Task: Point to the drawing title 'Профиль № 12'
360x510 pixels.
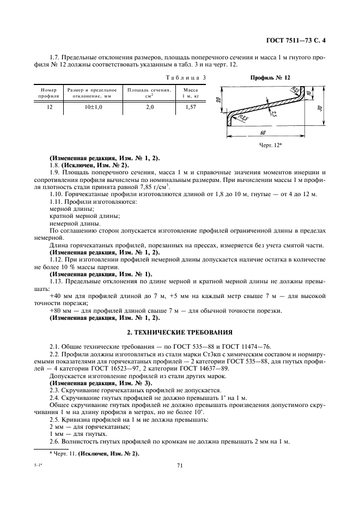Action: tap(270, 78)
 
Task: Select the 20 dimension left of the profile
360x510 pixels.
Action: tap(217, 100)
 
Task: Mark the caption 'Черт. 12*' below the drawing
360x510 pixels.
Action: tap(271, 145)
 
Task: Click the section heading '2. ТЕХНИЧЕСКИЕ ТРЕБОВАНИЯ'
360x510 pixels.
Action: tap(180, 332)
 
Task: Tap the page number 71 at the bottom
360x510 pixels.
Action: tap(180, 465)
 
